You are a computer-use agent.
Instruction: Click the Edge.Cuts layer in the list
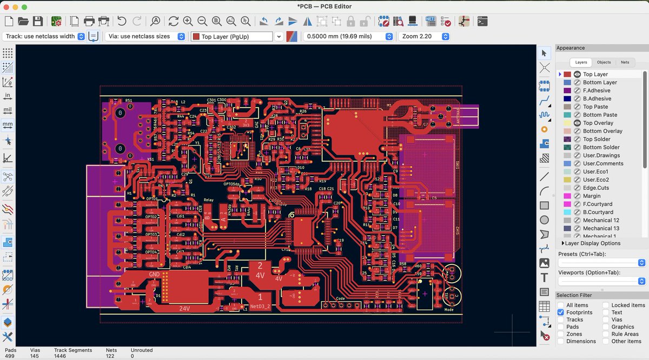(x=595, y=188)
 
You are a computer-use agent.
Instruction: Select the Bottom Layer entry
(x=600, y=82)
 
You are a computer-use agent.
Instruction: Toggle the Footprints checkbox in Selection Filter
(x=561, y=312)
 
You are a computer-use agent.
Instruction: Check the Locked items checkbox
(x=606, y=305)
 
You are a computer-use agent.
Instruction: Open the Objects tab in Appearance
(x=604, y=62)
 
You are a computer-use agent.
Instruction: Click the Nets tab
(x=625, y=62)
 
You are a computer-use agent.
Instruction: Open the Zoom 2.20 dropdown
(x=424, y=36)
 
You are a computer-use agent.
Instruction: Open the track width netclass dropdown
(x=44, y=36)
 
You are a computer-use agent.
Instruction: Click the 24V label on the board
(x=184, y=309)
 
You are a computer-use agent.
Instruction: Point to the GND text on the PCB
(x=154, y=275)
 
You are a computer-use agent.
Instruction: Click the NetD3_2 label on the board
(x=260, y=306)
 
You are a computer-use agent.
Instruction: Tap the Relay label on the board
(x=208, y=200)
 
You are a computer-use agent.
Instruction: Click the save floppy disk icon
(x=37, y=21)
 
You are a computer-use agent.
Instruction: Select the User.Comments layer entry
(x=603, y=163)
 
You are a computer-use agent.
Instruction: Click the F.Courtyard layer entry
(x=598, y=204)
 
